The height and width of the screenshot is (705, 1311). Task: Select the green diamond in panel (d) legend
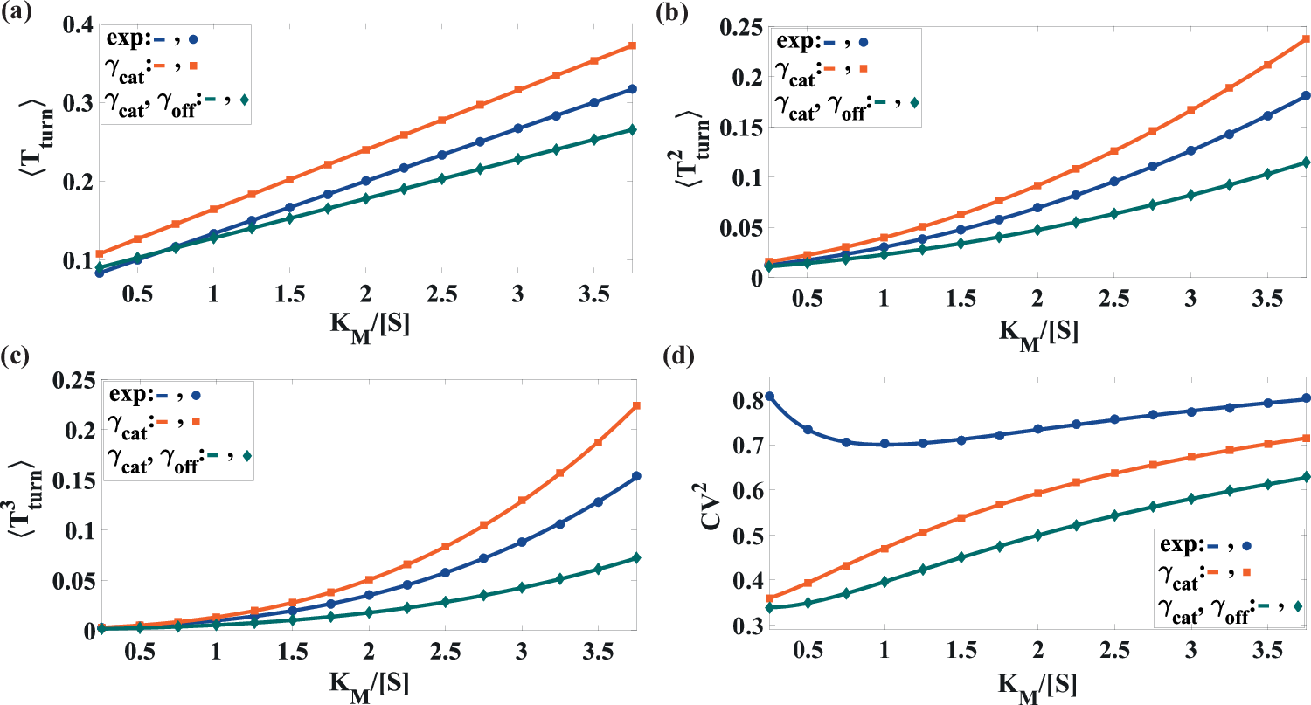pyautogui.click(x=1297, y=606)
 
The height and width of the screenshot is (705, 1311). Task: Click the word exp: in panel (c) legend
pyautogui.click(x=129, y=395)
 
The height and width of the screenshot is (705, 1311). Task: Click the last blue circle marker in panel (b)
pyautogui.click(x=1306, y=95)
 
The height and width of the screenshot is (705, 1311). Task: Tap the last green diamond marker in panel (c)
pyautogui.click(x=636, y=558)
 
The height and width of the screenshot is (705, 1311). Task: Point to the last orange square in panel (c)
pyautogui.click(x=636, y=405)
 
